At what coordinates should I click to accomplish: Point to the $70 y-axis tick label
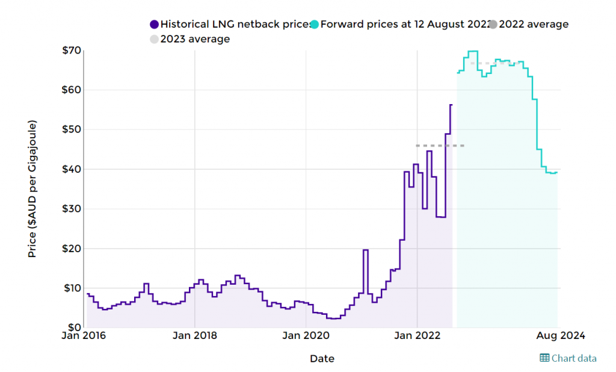(x=71, y=50)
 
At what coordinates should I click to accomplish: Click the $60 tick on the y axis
(x=71, y=90)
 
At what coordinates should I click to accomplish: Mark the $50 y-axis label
(x=71, y=129)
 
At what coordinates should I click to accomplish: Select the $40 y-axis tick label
(x=71, y=169)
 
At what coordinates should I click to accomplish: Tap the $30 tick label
(x=71, y=209)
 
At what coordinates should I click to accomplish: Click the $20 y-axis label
(x=71, y=249)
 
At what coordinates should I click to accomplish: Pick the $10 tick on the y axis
(x=71, y=288)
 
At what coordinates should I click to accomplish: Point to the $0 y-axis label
(x=73, y=327)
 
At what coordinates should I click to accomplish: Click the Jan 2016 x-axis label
(x=84, y=335)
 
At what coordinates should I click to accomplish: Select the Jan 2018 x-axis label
(x=194, y=335)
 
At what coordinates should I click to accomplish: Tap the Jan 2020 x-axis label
(x=306, y=335)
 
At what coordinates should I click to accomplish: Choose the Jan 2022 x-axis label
(x=417, y=335)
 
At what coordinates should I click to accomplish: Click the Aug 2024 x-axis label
(x=559, y=335)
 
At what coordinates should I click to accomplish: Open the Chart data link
(x=568, y=358)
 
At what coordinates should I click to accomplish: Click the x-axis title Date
(x=322, y=359)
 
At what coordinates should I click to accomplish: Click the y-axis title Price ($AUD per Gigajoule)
(x=32, y=189)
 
